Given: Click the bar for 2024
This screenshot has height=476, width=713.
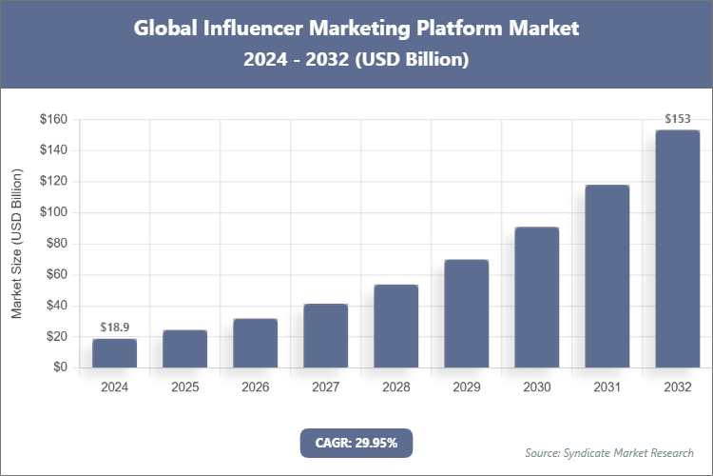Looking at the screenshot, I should click(115, 353).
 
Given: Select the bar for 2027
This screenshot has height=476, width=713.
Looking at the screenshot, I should click(326, 336).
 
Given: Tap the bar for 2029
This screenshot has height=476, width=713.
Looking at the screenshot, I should click(467, 313).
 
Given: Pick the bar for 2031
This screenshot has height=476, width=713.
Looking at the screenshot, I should click(607, 276).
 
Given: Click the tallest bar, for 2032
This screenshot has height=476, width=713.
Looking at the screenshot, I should click(678, 248).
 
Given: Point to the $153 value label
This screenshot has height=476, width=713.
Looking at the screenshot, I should click(678, 119).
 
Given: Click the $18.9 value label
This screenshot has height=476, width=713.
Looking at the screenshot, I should click(115, 327).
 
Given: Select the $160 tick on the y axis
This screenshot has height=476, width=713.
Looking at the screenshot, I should click(53, 119).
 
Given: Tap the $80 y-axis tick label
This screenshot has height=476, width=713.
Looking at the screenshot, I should click(57, 244).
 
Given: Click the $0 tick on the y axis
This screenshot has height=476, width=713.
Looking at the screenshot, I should click(61, 367).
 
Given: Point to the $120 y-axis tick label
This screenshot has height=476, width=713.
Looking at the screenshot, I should click(53, 182).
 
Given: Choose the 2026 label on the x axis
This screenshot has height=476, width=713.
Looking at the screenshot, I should click(256, 387).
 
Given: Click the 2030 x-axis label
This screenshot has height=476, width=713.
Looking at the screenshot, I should click(537, 387).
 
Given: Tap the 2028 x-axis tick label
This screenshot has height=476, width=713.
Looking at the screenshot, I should click(396, 387).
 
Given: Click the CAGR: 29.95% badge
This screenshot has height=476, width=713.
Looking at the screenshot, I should click(356, 442).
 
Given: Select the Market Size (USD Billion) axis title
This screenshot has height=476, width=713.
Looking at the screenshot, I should click(17, 244).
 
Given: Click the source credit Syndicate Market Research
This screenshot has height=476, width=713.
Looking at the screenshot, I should click(609, 452).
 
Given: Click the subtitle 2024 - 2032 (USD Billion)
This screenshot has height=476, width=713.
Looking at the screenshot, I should click(356, 59).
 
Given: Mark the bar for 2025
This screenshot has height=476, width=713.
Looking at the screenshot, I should click(185, 348).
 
